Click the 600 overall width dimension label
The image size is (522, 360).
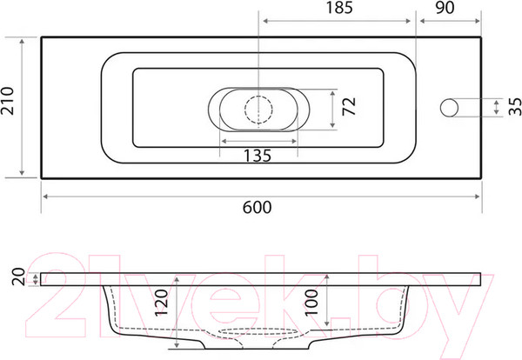click(x=257, y=207)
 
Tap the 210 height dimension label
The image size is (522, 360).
click(x=8, y=101)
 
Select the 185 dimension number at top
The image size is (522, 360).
click(x=339, y=8)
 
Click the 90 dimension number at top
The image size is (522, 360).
click(x=445, y=8)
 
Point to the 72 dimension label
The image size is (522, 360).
click(x=349, y=106)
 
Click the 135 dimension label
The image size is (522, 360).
click(x=258, y=156)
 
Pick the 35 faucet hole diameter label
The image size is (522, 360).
click(x=515, y=106)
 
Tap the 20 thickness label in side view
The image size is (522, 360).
click(x=18, y=277)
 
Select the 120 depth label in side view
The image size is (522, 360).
click(x=162, y=303)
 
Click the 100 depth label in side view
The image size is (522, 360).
click(x=311, y=303)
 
